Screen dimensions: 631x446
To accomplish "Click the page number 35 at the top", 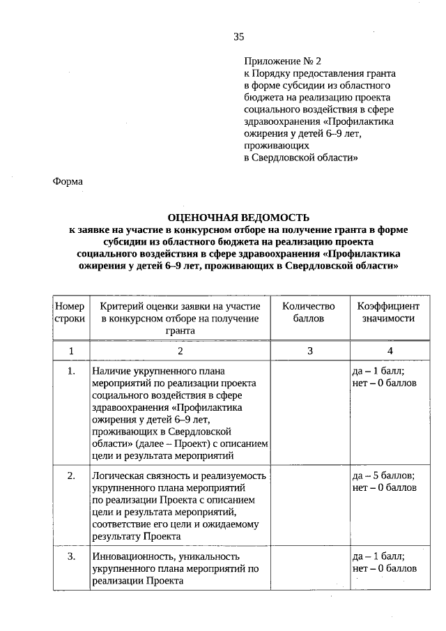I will click(x=238, y=38).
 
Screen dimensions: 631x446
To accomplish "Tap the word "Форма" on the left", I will click(x=68, y=181).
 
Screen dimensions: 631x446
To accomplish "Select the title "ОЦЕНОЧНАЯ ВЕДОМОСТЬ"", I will click(x=238, y=218).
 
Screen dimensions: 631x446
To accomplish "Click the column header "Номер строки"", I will click(x=70, y=312).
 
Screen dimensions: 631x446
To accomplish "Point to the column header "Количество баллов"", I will click(x=308, y=312).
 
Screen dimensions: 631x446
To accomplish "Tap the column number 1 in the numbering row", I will click(x=70, y=351).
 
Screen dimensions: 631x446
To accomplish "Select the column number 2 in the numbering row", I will click(x=180, y=351).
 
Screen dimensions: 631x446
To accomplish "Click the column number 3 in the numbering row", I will click(x=309, y=351).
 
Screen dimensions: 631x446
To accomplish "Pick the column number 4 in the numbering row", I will click(x=390, y=351).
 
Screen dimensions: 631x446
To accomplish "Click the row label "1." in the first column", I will click(x=70, y=372).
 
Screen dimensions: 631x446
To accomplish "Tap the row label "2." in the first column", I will click(x=70, y=476).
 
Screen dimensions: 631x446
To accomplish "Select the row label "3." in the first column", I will click(x=70, y=556).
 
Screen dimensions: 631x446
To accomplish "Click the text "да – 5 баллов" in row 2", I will click(x=385, y=476).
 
